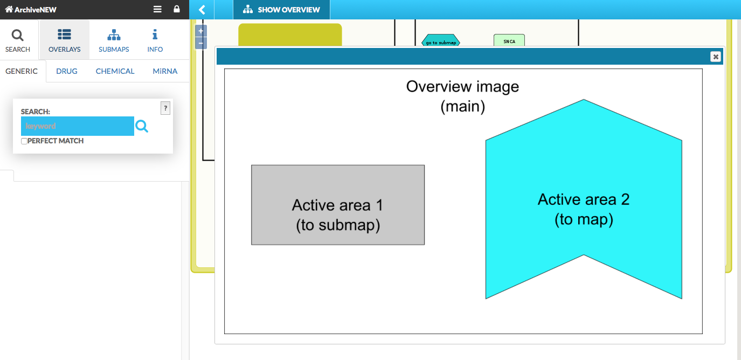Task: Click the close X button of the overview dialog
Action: (715, 57)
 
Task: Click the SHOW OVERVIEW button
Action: (281, 10)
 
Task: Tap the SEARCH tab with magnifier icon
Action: (18, 40)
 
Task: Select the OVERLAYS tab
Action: (65, 40)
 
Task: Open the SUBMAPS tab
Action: (114, 40)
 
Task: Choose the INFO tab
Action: (155, 40)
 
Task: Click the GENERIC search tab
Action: (22, 71)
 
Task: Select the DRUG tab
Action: (67, 71)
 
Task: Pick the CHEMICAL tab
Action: (115, 71)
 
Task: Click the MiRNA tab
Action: (165, 71)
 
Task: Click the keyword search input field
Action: (77, 126)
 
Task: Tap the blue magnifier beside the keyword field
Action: (142, 126)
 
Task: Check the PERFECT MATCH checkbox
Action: (24, 141)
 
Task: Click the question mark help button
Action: (165, 108)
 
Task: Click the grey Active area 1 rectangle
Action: (338, 205)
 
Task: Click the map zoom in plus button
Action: (201, 31)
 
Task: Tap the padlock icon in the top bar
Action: (177, 9)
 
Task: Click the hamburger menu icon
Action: (157, 9)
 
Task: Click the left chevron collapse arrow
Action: (202, 10)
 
